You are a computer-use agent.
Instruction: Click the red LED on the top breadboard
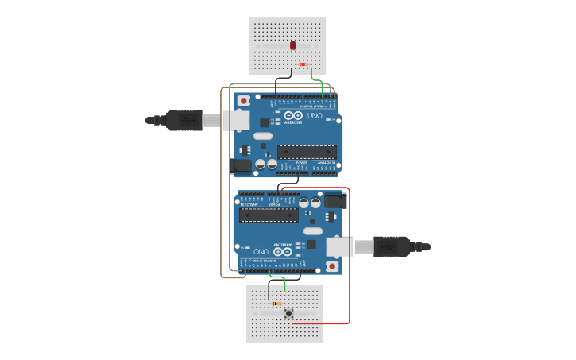tap(293, 45)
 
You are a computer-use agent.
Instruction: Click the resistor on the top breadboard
tap(303, 64)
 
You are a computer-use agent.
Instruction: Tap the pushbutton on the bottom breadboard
tap(288, 314)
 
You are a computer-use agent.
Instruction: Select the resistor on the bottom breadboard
tap(276, 303)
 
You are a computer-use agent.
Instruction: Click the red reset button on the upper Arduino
tap(244, 101)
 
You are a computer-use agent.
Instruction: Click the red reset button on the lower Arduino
tap(331, 266)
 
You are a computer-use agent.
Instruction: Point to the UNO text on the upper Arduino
tap(315, 116)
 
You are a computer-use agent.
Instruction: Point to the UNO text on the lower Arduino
tap(260, 250)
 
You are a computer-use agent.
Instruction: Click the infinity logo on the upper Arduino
tap(293, 116)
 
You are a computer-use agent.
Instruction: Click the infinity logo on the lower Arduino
tap(281, 250)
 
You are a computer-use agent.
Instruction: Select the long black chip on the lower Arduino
tap(269, 215)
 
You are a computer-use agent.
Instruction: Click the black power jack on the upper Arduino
tap(240, 166)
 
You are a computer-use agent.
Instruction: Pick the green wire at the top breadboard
tap(317, 79)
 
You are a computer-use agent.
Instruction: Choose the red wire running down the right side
tap(349, 254)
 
